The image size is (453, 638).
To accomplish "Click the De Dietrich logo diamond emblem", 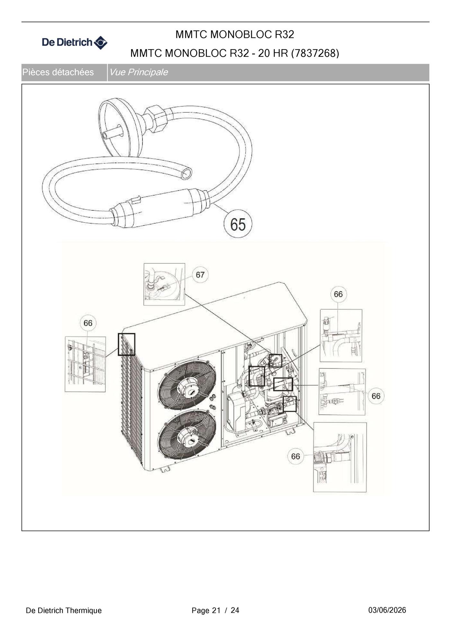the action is tap(101, 42).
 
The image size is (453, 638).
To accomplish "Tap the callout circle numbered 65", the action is tap(238, 224).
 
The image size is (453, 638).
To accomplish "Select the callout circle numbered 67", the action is tap(200, 275).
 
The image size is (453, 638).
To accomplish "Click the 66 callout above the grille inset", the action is tap(88, 323).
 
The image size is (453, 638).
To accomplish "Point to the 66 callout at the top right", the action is tap(338, 294).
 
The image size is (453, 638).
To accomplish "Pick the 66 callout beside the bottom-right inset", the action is tap(295, 456).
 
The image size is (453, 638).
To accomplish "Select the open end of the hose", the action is tap(186, 174).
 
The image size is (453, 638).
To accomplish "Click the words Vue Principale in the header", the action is tap(138, 72).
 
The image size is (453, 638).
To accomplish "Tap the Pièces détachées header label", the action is tap(58, 72).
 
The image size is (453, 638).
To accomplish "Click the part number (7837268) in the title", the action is tap(315, 53).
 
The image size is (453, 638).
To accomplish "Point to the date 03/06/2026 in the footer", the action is tap(387, 610).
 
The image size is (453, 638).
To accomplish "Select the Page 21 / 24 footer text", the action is tap(215, 610).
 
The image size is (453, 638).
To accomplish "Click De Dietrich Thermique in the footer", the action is tap(64, 610).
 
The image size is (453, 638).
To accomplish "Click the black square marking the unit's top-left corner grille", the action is tap(127, 344).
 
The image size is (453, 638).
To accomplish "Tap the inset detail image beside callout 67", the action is tap(164, 284).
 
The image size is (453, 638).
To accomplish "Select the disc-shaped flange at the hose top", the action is tap(120, 127).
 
